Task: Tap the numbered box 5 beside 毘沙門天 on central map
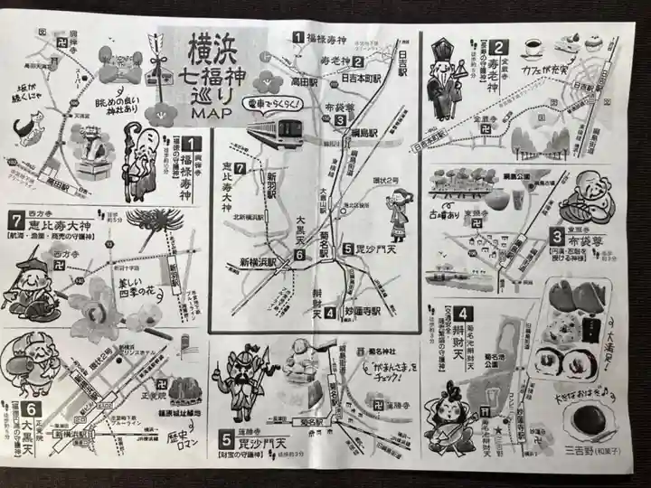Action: (x=347, y=249)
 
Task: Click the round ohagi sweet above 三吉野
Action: (x=590, y=420)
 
